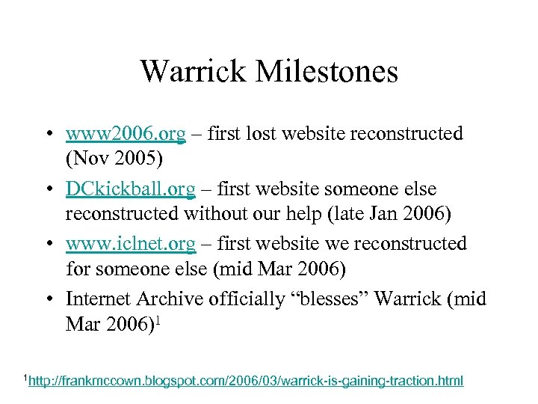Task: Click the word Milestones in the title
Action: [327, 72]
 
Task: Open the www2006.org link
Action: [126, 134]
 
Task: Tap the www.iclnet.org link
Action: [131, 244]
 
